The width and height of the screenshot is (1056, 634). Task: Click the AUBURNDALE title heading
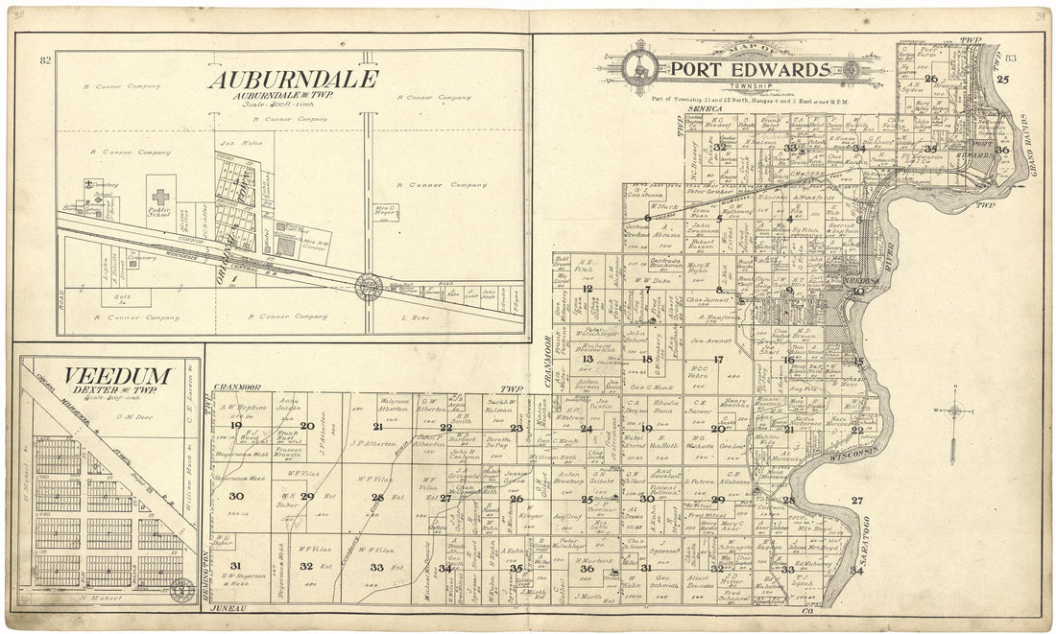[x=293, y=80]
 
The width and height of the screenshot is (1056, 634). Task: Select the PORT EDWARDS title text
[x=749, y=69]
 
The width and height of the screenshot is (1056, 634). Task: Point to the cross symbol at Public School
[x=160, y=197]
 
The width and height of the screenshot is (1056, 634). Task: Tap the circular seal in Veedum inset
[x=180, y=591]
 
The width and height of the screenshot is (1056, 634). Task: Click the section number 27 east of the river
[x=856, y=500]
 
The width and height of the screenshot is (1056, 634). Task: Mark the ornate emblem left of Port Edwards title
[x=638, y=68]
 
